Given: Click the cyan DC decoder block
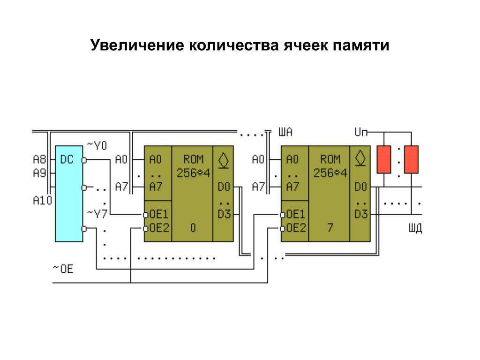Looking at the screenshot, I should tap(69, 193).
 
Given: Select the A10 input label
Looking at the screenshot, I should tap(42, 201).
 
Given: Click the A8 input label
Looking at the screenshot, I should tap(39, 159).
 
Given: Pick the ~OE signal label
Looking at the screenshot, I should tap(63, 270).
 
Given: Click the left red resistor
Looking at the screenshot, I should tap(384, 159).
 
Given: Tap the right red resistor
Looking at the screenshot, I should tap(411, 159).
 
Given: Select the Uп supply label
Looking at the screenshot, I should tap(361, 133).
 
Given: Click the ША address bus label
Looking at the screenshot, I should tap(285, 133).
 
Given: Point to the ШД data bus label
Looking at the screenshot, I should tap(415, 228).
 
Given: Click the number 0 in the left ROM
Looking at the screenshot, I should tap(193, 228).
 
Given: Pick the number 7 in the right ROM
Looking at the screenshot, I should tap(330, 228).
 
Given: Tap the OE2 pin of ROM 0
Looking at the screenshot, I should tap(158, 228).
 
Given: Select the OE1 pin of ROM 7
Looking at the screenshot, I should tap(295, 215).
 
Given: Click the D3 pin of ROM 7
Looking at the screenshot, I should tap(360, 215).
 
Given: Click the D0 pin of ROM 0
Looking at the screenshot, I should tap(224, 187).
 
